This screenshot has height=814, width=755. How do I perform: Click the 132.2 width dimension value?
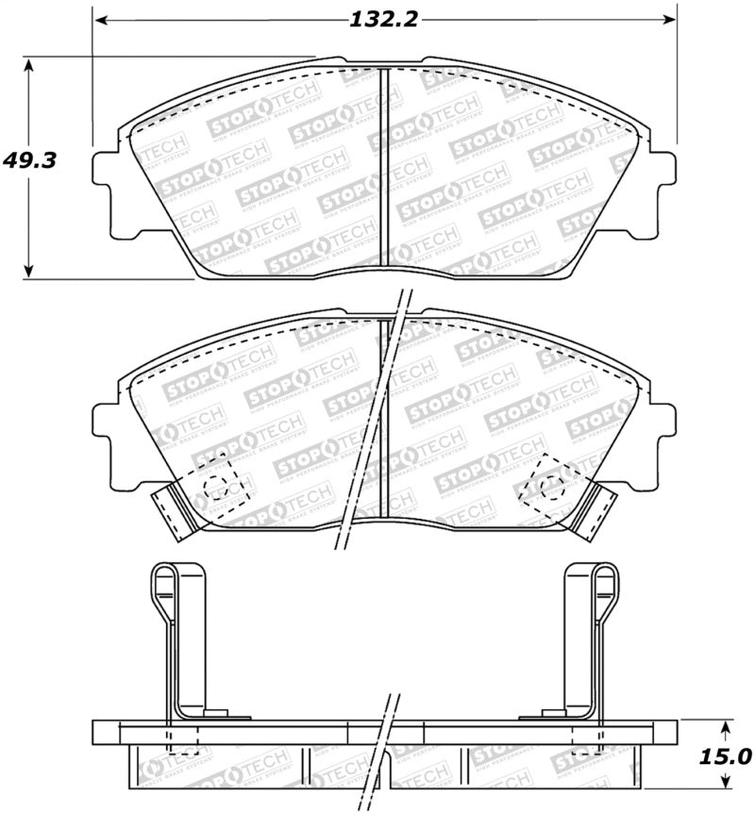point(385,19)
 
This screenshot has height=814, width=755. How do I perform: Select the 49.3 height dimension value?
point(31,160)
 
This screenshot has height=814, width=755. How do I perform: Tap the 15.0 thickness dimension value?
point(726,756)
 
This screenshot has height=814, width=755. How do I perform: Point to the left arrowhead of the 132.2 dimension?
point(100,19)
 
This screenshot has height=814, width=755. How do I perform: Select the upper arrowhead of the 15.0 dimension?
point(725,727)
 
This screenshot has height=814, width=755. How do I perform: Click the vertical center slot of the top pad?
point(384,170)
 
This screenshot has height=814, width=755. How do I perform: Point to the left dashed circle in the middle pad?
point(216,487)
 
